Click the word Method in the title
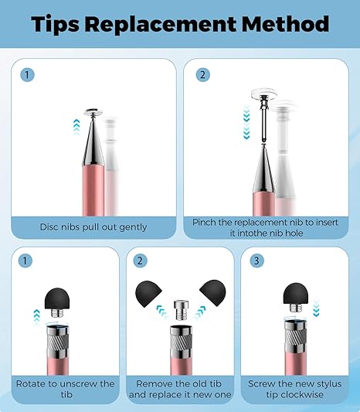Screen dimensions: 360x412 285,24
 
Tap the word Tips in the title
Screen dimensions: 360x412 55,25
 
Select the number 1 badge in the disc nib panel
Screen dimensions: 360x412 27,75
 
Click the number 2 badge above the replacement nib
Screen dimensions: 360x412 203,75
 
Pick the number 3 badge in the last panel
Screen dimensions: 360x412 256,261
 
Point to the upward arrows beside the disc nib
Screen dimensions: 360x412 76,128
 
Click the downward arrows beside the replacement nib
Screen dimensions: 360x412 246,122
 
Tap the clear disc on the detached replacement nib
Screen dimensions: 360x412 264,94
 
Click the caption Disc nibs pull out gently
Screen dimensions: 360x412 93,227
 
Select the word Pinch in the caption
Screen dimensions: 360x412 204,223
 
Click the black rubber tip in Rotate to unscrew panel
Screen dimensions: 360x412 56,299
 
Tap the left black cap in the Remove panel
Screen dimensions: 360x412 148,294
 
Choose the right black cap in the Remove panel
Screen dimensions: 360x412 212,293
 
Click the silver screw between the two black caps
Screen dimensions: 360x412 181,310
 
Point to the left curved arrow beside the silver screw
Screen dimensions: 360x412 162,312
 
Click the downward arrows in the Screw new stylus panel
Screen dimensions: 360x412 316,308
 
